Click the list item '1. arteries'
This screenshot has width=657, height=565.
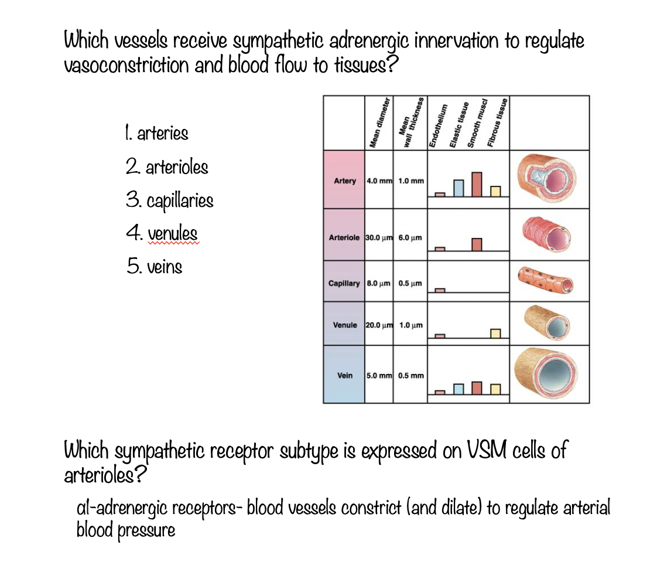click(156, 134)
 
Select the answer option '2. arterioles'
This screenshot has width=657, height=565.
click(167, 168)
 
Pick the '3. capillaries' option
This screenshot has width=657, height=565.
click(169, 201)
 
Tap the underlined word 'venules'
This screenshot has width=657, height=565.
click(173, 234)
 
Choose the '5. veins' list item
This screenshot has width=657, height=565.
click(154, 267)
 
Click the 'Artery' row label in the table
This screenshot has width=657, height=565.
click(344, 181)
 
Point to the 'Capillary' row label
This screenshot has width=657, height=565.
click(344, 283)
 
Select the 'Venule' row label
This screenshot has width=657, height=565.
click(344, 325)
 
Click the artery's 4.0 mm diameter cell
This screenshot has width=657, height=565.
click(379, 181)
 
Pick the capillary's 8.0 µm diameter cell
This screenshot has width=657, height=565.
click(379, 283)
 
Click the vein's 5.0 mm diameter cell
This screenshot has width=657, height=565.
click(379, 375)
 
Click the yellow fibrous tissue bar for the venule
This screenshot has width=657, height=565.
click(495, 333)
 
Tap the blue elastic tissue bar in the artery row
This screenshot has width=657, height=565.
click(459, 188)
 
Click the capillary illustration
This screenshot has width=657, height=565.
click(546, 281)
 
